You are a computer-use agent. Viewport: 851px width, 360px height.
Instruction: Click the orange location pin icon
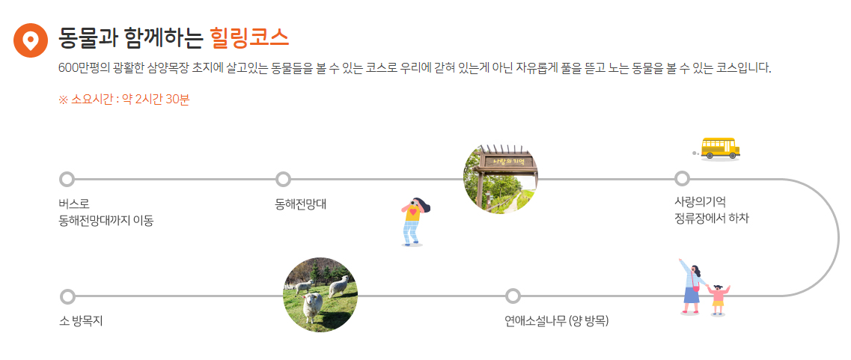point(31,40)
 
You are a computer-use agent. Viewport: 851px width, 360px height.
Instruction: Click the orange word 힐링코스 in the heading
point(249,36)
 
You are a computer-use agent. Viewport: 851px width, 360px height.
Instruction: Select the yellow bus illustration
point(720,147)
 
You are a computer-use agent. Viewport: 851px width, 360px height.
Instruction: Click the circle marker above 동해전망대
point(283,179)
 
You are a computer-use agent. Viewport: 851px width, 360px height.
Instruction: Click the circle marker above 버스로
point(67,179)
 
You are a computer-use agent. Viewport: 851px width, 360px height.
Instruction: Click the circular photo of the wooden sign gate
point(501,179)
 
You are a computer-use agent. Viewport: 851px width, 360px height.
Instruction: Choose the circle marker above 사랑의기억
point(682,179)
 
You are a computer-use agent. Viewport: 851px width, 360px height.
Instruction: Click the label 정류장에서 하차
point(711,219)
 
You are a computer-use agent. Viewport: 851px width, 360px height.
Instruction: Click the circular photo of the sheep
point(320,294)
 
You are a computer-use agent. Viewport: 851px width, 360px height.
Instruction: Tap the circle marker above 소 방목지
point(67,296)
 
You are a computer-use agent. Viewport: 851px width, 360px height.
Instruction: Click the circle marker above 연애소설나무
point(513,296)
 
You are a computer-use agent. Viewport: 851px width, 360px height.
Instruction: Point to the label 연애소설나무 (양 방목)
point(556,322)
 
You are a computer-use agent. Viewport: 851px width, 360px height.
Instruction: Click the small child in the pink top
point(719,298)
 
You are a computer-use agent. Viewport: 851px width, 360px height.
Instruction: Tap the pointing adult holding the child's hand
point(692,287)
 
